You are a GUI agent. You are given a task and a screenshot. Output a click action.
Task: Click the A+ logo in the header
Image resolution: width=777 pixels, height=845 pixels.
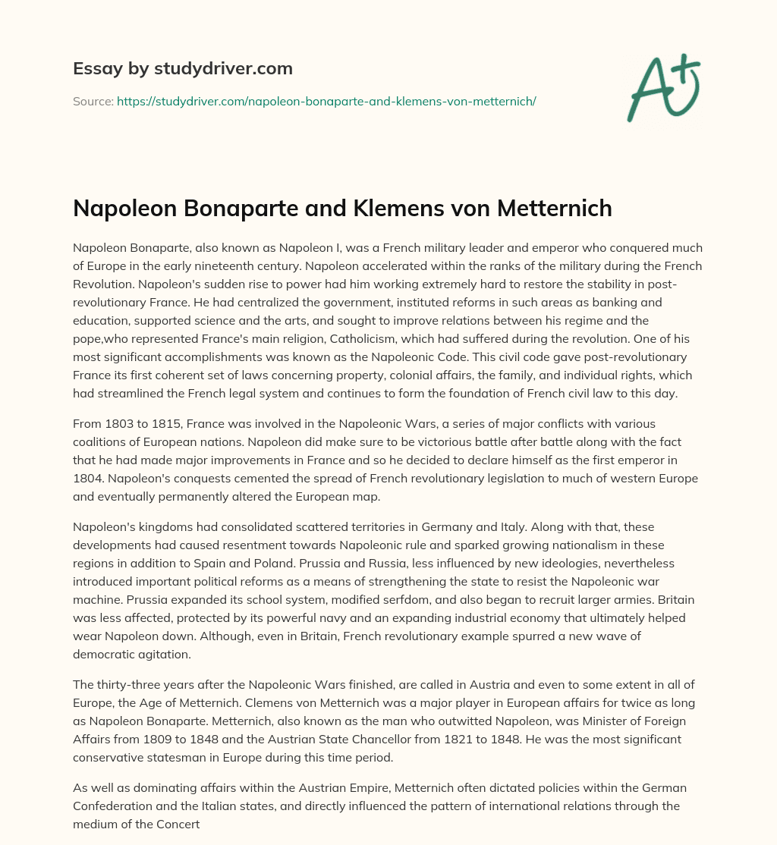[663, 88]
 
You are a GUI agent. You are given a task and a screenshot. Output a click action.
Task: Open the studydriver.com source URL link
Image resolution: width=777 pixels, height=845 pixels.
[326, 101]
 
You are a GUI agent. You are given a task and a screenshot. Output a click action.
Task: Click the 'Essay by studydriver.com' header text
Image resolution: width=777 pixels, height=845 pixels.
[183, 68]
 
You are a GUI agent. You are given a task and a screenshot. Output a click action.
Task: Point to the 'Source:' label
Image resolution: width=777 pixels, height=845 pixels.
[93, 101]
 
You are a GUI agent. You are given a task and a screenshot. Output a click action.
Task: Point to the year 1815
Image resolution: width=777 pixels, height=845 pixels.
[166, 423]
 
